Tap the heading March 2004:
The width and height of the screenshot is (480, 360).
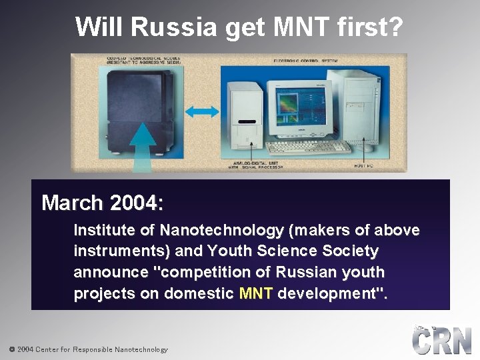click(103, 203)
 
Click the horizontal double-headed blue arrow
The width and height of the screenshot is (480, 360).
click(203, 111)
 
